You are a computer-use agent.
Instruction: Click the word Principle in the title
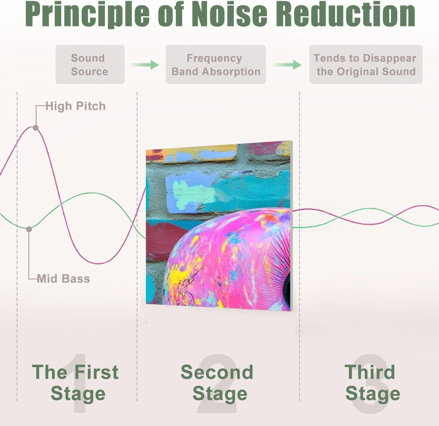point(87,14)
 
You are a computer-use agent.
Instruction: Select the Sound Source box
point(90,65)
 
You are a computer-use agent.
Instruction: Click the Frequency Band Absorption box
point(216,65)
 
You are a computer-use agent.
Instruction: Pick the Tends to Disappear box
point(366,65)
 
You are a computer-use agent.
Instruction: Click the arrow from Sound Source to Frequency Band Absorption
point(145,65)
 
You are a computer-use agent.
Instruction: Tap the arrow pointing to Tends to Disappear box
point(287,65)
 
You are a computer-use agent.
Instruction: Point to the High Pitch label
point(76,106)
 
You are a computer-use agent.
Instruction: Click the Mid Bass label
point(64,279)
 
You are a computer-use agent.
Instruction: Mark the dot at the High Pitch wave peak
point(36,128)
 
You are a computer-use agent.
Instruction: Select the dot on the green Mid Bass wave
point(29,229)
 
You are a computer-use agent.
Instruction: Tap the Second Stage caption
point(217,383)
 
